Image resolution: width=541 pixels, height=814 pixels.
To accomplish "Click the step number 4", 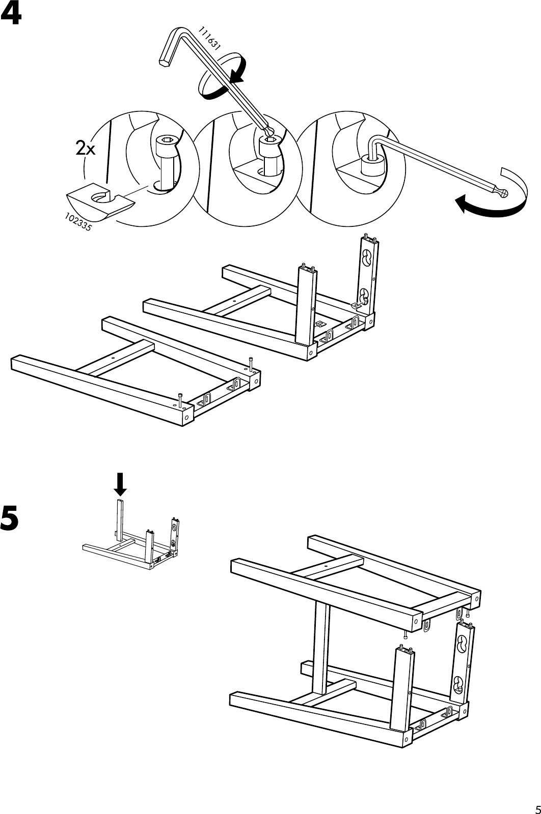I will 11,15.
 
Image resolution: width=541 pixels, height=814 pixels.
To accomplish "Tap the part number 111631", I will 209,38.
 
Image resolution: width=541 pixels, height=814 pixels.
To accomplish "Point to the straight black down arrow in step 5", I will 120,484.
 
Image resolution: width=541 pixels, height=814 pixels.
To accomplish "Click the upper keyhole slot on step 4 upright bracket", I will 366,259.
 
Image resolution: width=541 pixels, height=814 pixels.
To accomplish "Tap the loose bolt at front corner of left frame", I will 180,399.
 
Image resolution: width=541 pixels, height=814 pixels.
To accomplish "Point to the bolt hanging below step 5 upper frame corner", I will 405,633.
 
